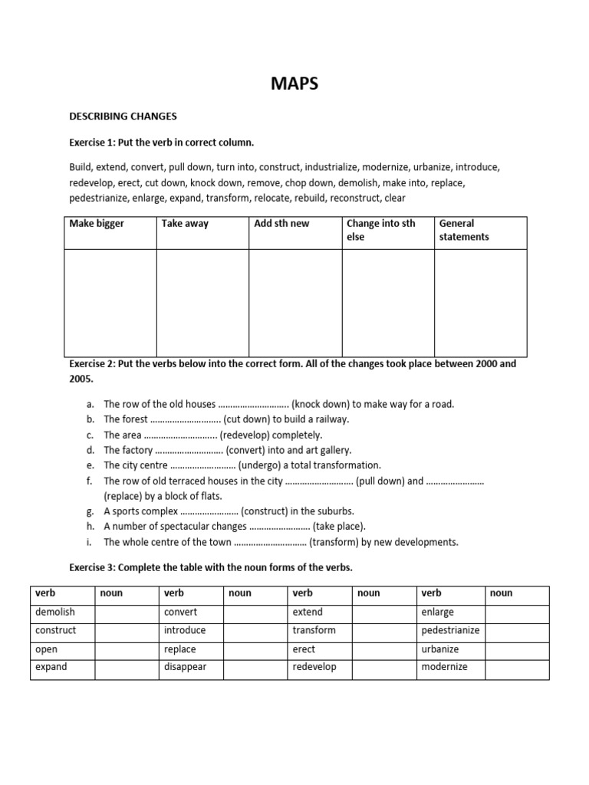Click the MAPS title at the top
294,84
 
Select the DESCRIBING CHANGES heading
123,117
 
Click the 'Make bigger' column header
97,224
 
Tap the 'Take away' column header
185,224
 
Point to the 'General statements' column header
464,230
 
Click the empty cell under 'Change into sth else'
387,303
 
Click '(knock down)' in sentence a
321,404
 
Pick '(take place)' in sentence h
340,527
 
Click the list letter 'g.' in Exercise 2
90,511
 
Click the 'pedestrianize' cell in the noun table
450,630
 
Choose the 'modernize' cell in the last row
444,667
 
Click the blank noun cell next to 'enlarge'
518,612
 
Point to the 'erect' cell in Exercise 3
304,649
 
